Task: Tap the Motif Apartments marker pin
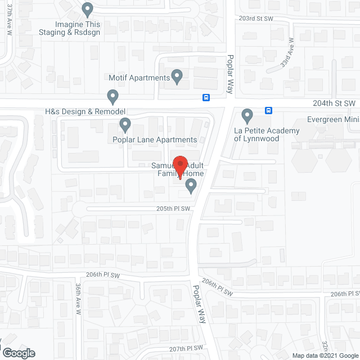[177, 76]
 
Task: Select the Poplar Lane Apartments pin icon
[125, 124]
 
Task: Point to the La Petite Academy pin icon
[246, 116]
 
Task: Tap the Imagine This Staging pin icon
[87, 10]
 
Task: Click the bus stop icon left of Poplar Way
[206, 97]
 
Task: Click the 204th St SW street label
[335, 103]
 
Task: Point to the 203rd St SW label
[255, 18]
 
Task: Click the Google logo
[18, 353]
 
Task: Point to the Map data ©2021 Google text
[325, 355]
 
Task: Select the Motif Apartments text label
[141, 78]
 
